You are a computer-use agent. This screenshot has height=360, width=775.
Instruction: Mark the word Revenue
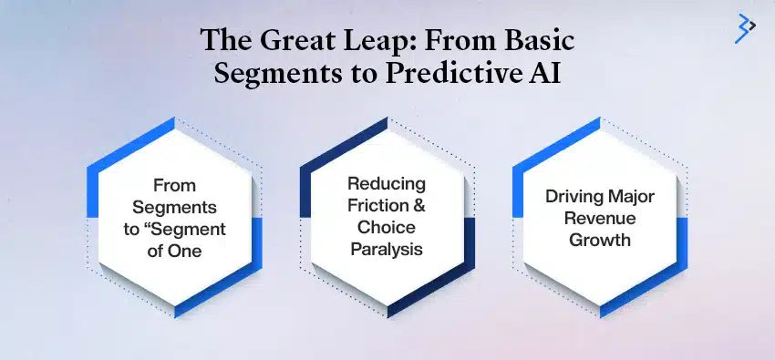(x=600, y=218)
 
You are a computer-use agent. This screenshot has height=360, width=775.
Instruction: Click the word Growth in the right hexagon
(x=600, y=241)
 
